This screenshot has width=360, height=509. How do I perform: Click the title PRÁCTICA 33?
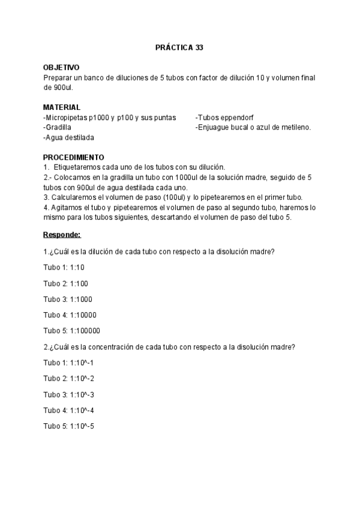tap(179, 47)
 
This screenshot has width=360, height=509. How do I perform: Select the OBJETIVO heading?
tap(61, 68)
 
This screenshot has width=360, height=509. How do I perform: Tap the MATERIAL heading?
tap(62, 107)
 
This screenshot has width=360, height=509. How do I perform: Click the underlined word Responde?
tap(62, 234)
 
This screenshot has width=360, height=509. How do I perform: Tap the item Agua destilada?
tap(70, 137)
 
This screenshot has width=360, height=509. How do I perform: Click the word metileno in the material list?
tap(295, 128)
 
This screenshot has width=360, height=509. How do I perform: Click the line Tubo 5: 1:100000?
tap(72, 331)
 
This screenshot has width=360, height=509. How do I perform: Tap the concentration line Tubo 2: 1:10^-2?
tap(69, 379)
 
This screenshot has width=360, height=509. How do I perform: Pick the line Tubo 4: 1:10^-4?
tap(69, 411)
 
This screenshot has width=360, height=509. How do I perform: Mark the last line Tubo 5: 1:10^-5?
tap(69, 426)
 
